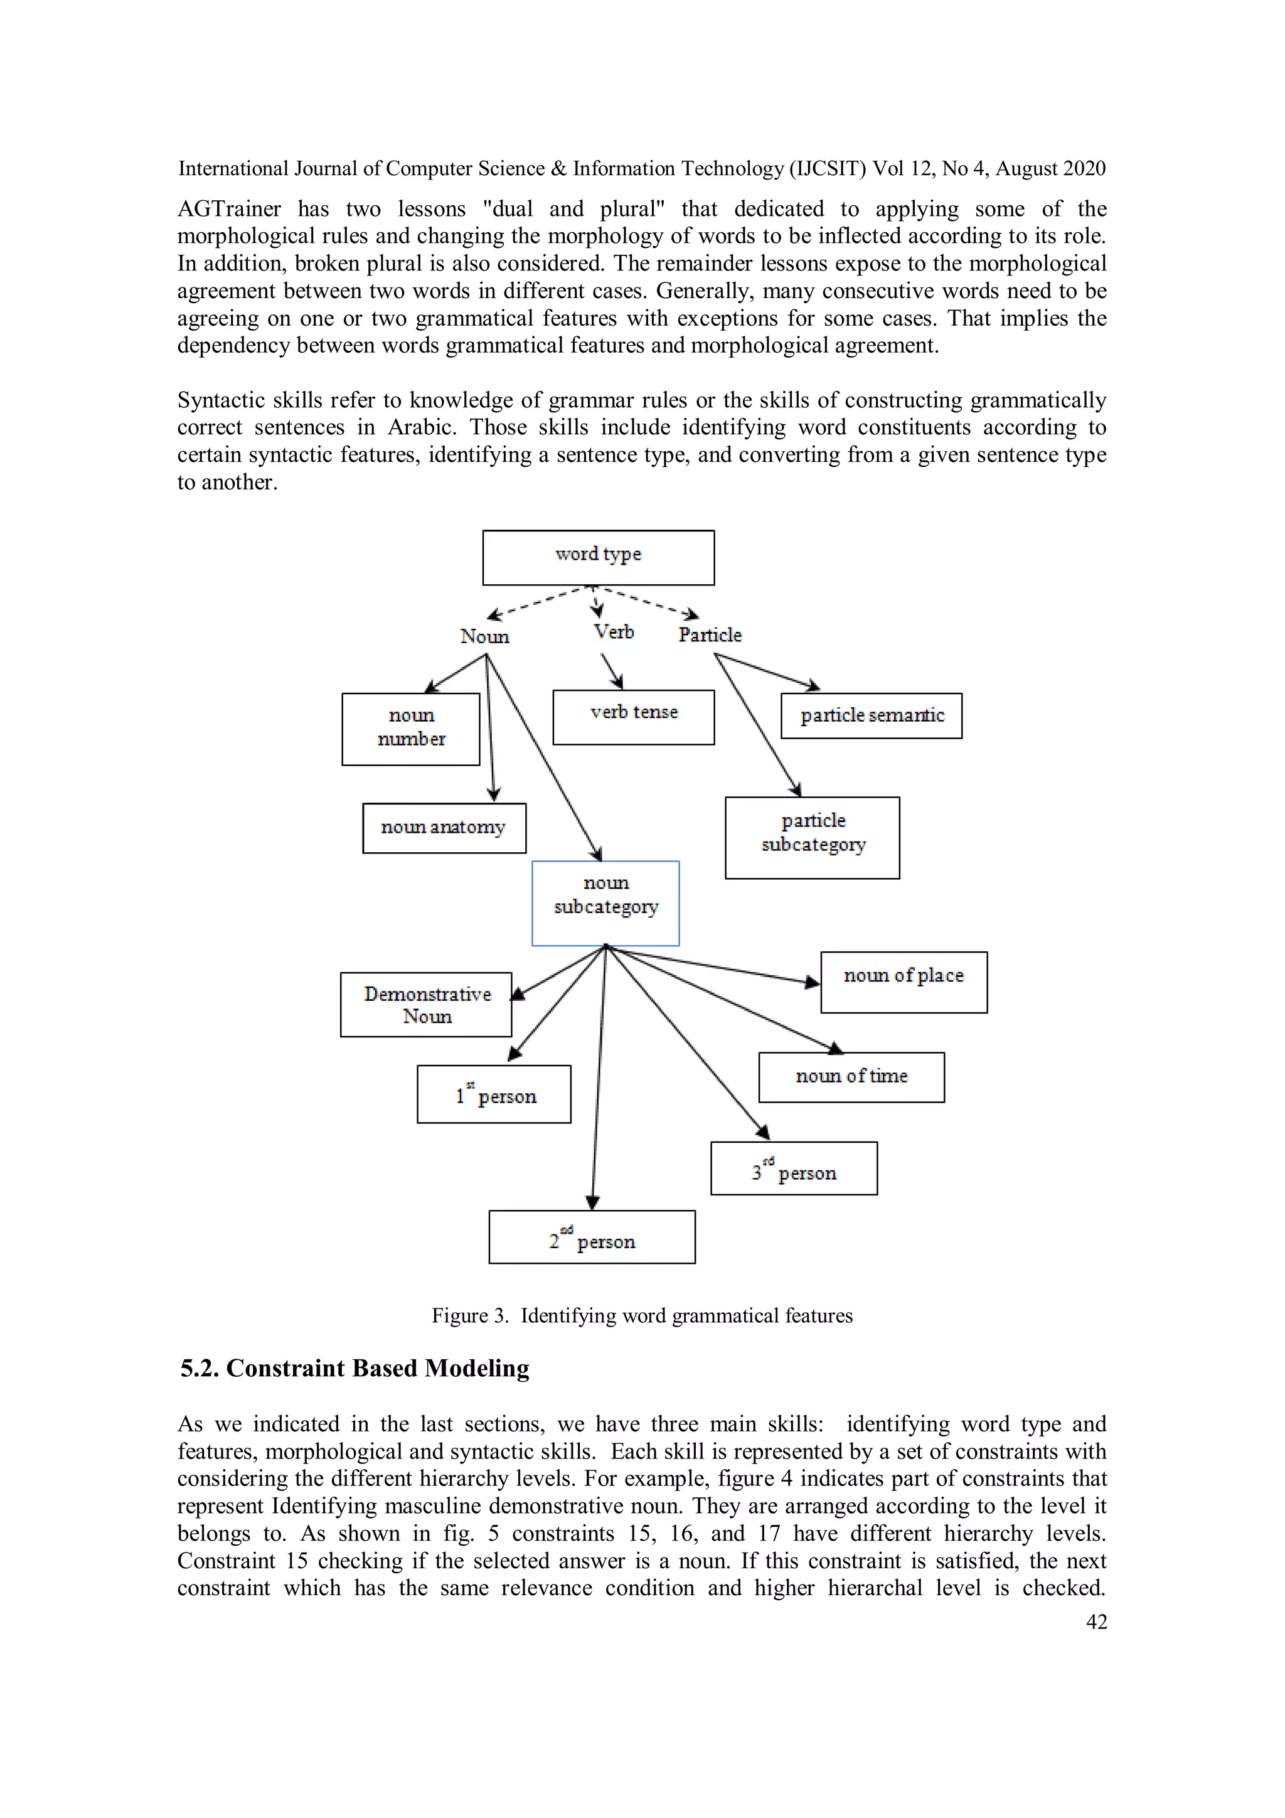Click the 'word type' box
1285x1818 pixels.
[598, 557]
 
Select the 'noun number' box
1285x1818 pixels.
[410, 729]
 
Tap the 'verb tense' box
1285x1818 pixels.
[632, 717]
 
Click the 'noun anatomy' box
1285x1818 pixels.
[444, 828]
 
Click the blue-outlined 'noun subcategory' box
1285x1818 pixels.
[605, 902]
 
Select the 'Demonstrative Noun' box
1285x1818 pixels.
[426, 1004]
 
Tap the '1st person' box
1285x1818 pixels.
[494, 1094]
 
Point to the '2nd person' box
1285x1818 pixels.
[592, 1237]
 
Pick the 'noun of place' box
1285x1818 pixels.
[904, 982]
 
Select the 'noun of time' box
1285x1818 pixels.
[851, 1077]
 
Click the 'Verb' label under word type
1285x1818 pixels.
[614, 632]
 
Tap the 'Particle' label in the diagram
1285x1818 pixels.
[710, 635]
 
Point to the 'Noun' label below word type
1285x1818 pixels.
[484, 636]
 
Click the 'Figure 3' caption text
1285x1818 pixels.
[641, 1315]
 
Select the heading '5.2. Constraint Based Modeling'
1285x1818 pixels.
[355, 1368]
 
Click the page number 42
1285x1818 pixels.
[1096, 1622]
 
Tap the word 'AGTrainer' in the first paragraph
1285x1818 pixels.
[229, 209]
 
